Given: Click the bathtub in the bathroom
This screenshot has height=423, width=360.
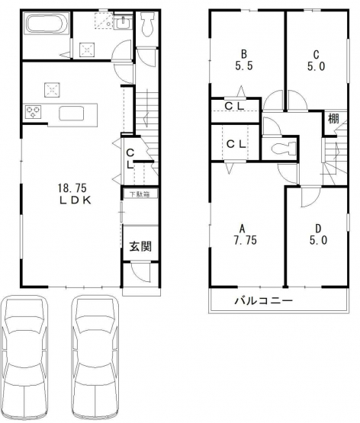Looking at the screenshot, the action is [47, 24].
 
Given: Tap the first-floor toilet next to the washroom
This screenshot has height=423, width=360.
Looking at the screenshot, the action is [147, 24].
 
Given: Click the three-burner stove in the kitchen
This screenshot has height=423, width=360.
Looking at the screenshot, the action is [33, 111].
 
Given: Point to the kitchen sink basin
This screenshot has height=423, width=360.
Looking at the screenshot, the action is [72, 113].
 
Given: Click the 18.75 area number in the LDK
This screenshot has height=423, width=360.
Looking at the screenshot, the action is [72, 187].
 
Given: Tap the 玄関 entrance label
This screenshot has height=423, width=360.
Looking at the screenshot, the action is [140, 246].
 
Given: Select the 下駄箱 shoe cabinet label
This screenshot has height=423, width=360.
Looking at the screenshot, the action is [140, 194].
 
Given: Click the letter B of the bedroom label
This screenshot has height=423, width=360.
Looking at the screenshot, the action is [244, 54].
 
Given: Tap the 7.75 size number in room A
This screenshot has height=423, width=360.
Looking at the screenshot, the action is [245, 240].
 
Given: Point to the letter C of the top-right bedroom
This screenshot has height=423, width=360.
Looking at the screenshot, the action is [316, 54].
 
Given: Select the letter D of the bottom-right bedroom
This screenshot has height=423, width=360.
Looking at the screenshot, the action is [319, 229].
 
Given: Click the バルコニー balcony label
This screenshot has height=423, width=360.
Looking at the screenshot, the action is [264, 300].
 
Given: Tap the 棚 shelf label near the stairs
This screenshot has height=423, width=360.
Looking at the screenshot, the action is [333, 118].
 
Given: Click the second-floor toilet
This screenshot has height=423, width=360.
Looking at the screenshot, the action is [283, 149].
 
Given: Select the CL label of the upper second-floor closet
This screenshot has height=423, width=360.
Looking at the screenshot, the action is [234, 106].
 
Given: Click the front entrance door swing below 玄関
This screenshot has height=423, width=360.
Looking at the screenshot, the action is [140, 273].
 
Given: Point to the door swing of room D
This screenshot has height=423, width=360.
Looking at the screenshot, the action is [310, 196].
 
